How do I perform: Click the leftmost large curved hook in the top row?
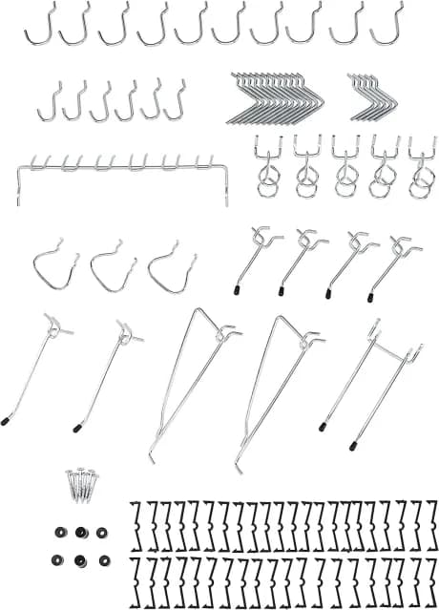pos(38,26)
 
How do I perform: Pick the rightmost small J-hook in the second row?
pos(176,100)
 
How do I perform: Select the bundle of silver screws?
pos(81,484)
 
